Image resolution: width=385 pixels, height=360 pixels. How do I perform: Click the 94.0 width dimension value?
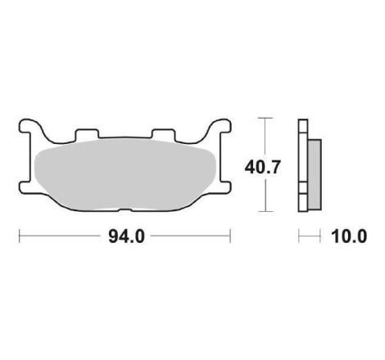(x=126, y=236)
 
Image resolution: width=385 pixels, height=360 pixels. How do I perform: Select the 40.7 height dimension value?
(x=263, y=167)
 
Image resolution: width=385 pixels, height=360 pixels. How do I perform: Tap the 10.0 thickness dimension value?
(x=349, y=236)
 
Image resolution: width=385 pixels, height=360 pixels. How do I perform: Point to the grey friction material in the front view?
(x=125, y=174)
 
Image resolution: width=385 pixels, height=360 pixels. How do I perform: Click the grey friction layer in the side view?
(x=315, y=174)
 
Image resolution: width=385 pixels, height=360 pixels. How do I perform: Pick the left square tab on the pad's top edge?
(x=87, y=133)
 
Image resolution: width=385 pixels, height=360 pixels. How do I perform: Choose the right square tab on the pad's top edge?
(x=163, y=133)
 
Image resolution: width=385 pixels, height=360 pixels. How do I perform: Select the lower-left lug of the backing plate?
(x=26, y=187)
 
